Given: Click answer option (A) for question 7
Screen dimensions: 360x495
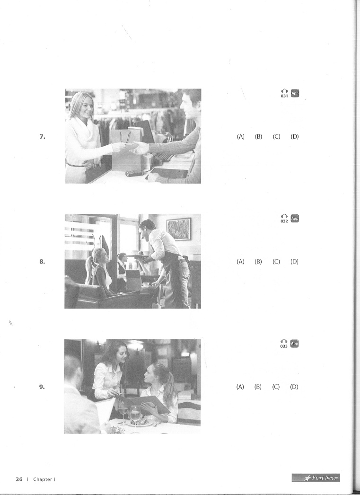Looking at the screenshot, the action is tap(241, 136).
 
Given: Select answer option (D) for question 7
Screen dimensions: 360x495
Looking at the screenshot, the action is tap(295, 136).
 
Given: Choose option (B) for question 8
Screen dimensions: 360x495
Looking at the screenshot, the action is tap(258, 261).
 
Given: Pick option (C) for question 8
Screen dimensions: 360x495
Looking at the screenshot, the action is tap(276, 261).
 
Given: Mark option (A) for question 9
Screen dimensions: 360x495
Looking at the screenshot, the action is tap(240, 387).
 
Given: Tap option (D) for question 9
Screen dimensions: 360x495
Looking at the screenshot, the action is tap(294, 387).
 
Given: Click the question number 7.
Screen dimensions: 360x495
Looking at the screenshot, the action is tap(42, 136).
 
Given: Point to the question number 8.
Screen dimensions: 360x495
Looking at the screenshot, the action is tap(42, 261).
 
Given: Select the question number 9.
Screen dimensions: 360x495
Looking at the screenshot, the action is tap(42, 387).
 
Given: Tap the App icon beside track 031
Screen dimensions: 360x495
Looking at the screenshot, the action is tap(295, 93).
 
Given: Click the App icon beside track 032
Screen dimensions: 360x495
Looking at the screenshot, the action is tap(295, 218).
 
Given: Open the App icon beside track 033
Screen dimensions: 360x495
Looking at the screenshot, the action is tap(294, 344).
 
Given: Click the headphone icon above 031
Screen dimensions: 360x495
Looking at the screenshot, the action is tap(284, 91).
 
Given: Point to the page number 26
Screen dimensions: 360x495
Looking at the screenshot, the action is tap(19, 479).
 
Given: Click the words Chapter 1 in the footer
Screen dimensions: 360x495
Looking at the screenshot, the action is tap(44, 479).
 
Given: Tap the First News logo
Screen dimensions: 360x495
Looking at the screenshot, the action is tap(316, 478).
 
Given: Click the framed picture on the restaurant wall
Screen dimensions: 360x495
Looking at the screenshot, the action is tap(178, 229).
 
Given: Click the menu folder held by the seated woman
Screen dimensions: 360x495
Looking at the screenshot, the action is tap(143, 403).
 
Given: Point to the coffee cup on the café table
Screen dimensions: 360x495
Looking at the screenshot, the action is tap(146, 284).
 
